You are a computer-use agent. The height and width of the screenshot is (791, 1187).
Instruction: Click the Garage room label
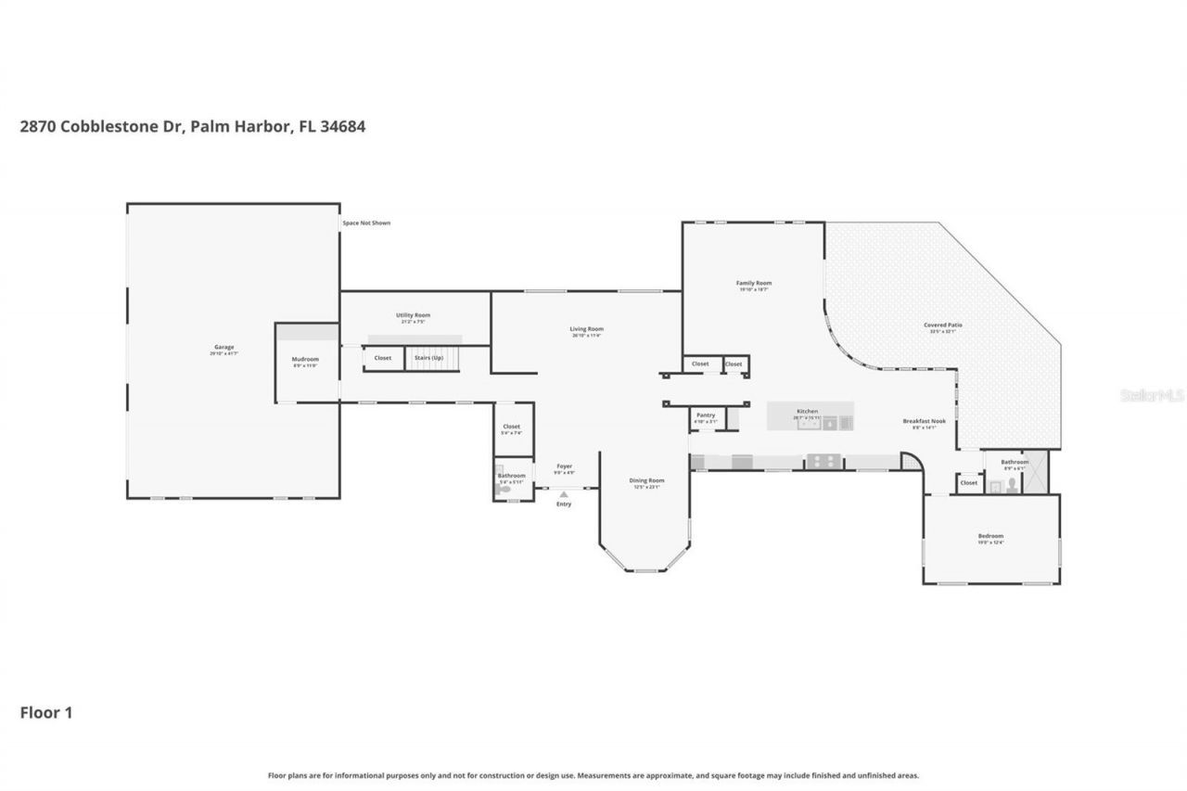click(223, 347)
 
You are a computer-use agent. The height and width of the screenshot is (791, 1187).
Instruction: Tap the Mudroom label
click(305, 359)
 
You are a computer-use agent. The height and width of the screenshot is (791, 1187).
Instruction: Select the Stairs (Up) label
click(428, 357)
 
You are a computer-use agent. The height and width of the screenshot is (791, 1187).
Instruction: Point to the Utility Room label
click(413, 315)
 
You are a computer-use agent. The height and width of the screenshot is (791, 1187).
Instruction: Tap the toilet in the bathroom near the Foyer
click(504, 488)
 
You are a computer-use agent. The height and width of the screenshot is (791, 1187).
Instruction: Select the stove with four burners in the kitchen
click(822, 460)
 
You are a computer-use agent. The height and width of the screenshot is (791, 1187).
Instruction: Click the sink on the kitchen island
click(806, 424)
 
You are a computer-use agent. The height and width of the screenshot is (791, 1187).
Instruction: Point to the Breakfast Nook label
click(924, 421)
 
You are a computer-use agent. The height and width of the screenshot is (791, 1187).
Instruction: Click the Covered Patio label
click(942, 325)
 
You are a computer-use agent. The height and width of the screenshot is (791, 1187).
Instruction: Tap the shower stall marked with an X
click(1037, 472)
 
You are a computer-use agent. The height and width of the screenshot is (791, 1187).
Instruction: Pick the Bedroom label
click(990, 536)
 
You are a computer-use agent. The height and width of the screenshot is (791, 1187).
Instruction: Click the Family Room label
click(754, 283)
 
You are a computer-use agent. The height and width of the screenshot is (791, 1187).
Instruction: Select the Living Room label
click(586, 329)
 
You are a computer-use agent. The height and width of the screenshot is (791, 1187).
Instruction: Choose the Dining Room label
click(646, 480)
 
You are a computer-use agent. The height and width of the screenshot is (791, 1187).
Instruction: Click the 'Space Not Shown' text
click(366, 223)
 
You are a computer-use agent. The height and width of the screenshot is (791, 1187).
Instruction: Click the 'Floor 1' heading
click(46, 713)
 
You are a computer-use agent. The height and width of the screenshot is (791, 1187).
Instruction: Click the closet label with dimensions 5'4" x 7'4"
click(512, 427)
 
